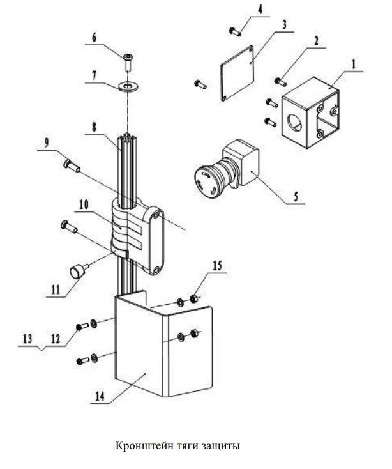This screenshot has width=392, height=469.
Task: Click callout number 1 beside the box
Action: tap(354, 65)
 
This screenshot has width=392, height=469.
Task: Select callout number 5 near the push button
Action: tap(296, 197)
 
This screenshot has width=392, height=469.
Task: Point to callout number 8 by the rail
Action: tap(94, 127)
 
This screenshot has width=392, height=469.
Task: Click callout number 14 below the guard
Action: tap(100, 396)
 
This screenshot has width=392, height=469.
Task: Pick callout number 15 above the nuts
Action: tap(217, 265)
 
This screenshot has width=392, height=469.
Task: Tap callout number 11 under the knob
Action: tap(56, 289)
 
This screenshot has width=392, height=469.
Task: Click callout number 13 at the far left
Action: tap(27, 339)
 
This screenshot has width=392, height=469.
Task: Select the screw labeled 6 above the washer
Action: tap(128, 62)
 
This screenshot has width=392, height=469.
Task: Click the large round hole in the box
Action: tap(295, 123)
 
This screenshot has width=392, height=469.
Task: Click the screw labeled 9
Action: tap(72, 165)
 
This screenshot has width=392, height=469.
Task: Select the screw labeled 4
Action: tap(236, 31)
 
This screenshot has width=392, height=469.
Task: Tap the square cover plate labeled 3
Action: tap(237, 73)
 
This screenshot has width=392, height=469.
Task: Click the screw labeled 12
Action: tap(82, 327)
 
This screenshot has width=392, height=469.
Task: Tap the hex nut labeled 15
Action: tap(193, 298)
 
